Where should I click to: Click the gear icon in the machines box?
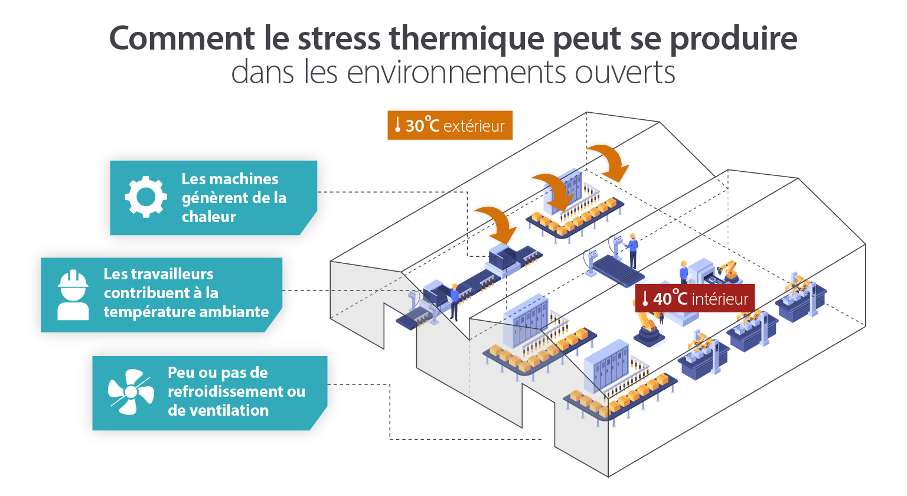pyautogui.click(x=146, y=197)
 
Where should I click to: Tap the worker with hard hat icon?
pyautogui.click(x=73, y=295)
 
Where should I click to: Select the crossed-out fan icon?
pyautogui.click(x=130, y=391)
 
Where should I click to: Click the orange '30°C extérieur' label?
pyautogui.click(x=450, y=125)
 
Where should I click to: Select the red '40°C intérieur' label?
pyautogui.click(x=694, y=299)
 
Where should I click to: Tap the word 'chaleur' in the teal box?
pyautogui.click(x=208, y=217)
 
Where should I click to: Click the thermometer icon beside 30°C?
pyautogui.click(x=397, y=125)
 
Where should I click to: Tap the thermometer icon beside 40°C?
pyautogui.click(x=645, y=299)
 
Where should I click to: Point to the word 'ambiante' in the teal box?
pyautogui.click(x=242, y=312)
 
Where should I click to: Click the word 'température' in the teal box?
pyautogui.click(x=151, y=312)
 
